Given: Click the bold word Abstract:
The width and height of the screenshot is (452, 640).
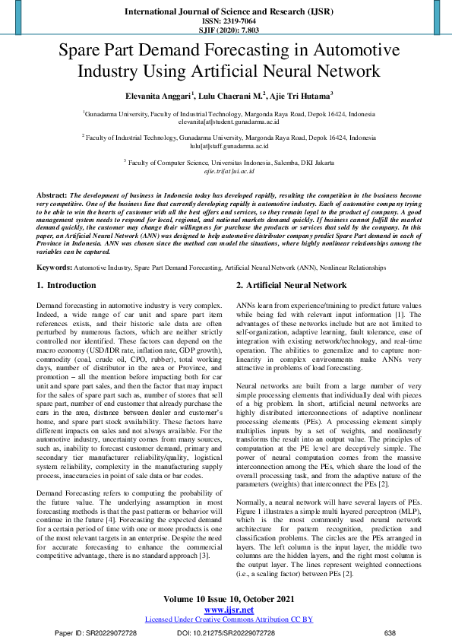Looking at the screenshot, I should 52,195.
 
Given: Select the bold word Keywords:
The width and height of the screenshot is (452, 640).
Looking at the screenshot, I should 55,268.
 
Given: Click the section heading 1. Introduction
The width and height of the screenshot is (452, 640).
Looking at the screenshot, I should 67,286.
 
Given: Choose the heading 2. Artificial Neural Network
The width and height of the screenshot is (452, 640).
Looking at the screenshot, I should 269,286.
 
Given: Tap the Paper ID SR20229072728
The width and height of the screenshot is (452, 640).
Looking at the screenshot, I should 96,632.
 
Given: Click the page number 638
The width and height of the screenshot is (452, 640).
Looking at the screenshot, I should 390,632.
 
